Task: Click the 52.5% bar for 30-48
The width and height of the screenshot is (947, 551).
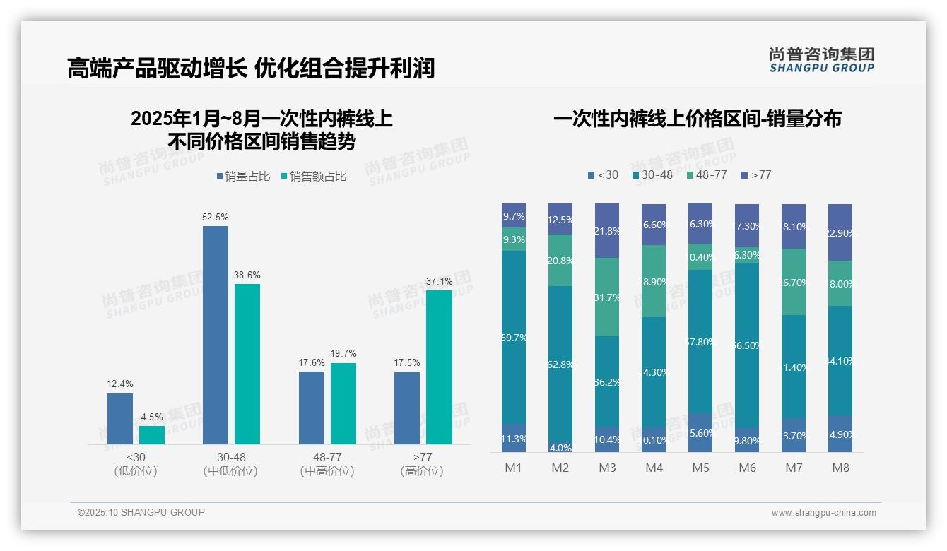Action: (216, 335)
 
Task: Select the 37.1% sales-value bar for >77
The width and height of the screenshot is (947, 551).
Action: (439, 367)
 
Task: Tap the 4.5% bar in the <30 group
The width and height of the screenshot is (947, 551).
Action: (152, 435)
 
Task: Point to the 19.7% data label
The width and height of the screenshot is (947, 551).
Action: (343, 353)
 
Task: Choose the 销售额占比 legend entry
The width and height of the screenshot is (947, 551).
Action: (313, 177)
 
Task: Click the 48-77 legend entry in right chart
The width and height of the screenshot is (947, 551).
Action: (706, 174)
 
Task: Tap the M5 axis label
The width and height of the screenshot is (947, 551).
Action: (700, 468)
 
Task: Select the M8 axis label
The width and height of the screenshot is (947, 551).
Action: (840, 468)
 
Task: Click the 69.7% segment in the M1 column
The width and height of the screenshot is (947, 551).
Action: (514, 337)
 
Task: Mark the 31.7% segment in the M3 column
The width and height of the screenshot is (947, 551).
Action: (607, 297)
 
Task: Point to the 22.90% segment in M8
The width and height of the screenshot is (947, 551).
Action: (840, 232)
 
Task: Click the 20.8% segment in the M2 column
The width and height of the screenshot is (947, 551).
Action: (560, 260)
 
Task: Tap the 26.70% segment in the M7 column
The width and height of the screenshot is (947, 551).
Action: (794, 282)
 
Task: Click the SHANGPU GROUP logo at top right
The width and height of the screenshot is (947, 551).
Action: (821, 60)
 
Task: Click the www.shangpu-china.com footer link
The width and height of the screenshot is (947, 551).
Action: (823, 513)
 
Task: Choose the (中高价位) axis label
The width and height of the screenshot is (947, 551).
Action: (327, 471)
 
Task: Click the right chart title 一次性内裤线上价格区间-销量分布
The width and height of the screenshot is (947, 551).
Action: (697, 119)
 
